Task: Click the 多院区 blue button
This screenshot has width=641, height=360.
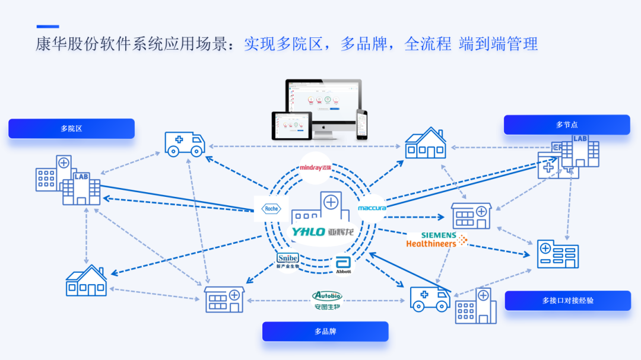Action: (x=71, y=129)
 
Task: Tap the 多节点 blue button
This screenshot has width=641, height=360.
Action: (x=566, y=125)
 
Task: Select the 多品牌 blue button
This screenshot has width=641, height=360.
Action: (x=325, y=332)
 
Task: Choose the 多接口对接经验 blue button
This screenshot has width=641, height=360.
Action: (x=567, y=301)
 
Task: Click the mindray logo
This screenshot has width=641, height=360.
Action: (x=315, y=168)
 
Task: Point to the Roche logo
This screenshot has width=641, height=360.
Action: (x=271, y=209)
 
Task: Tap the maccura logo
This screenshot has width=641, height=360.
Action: (x=372, y=208)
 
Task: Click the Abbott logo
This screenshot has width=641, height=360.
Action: (x=343, y=265)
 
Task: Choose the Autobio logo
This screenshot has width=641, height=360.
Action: (x=327, y=300)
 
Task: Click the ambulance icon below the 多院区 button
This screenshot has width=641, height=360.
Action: (x=185, y=144)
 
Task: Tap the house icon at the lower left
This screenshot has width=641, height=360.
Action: (x=86, y=281)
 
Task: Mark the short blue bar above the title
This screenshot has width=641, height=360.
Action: (x=47, y=27)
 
